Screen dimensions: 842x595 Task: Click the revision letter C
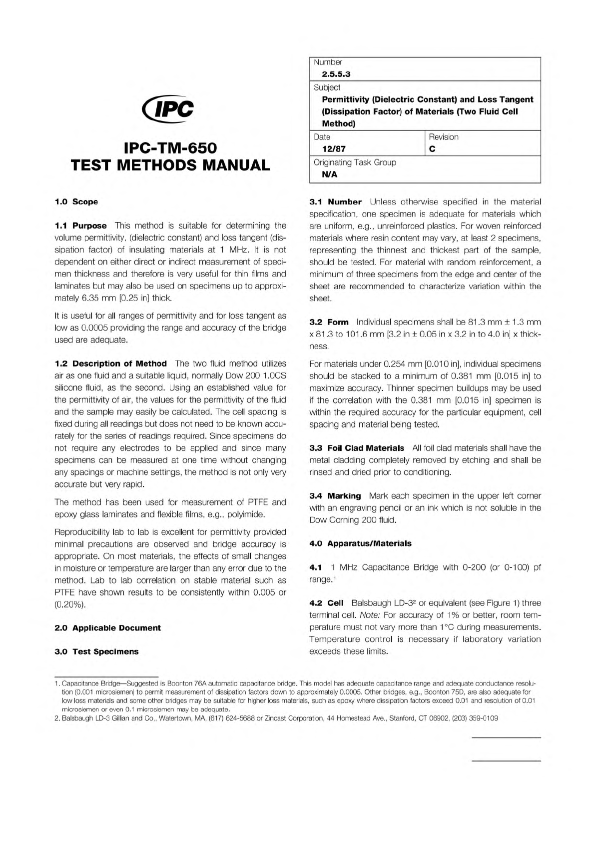click(x=432, y=149)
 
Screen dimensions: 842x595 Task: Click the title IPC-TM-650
click(x=170, y=148)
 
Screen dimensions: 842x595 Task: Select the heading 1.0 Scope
click(x=76, y=201)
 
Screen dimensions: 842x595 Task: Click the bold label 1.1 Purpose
click(x=80, y=225)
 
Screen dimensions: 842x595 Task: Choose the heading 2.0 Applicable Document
click(x=107, y=627)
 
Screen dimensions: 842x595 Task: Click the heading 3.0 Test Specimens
click(x=96, y=651)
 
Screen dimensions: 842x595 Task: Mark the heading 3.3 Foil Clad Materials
click(x=357, y=448)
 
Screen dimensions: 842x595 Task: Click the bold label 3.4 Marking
click(x=335, y=496)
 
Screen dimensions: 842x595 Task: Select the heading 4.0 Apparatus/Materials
click(x=361, y=543)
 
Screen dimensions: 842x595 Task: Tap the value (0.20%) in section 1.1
click(x=70, y=604)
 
